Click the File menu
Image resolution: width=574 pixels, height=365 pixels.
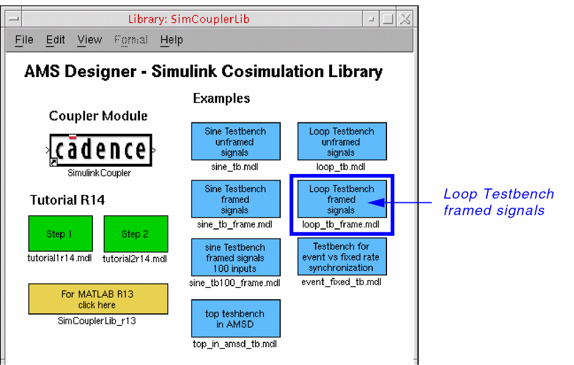[x=24, y=40]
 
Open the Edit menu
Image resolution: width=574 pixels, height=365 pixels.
[x=56, y=40]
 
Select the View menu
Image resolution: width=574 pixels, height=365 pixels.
[x=90, y=40]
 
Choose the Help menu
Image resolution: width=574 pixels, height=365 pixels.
[x=171, y=40]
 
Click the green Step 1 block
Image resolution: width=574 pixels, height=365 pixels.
[x=61, y=234]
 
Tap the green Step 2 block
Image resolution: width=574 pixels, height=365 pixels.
[x=136, y=234]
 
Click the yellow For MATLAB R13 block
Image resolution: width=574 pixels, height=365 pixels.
[x=98, y=299]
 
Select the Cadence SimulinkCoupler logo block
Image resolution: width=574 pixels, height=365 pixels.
[x=101, y=150]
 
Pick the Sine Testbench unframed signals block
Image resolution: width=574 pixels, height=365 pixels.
[x=236, y=141]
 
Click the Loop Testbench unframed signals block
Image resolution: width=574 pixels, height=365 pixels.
[x=342, y=141]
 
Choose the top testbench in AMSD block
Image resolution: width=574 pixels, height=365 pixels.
[x=236, y=318]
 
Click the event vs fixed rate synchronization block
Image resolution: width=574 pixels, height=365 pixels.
[x=342, y=257]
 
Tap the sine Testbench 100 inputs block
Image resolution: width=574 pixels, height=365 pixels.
[x=236, y=257]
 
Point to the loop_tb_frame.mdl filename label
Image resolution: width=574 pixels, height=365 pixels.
[x=341, y=224]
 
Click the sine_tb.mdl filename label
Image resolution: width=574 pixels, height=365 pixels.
[x=235, y=167]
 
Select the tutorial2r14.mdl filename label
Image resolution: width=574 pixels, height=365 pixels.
[x=135, y=259]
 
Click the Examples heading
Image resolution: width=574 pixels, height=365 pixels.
[x=222, y=98]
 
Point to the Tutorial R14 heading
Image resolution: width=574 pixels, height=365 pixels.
[x=67, y=200]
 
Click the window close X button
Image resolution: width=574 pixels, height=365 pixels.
[x=405, y=19]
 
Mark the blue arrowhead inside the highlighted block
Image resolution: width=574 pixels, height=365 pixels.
[x=376, y=202]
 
